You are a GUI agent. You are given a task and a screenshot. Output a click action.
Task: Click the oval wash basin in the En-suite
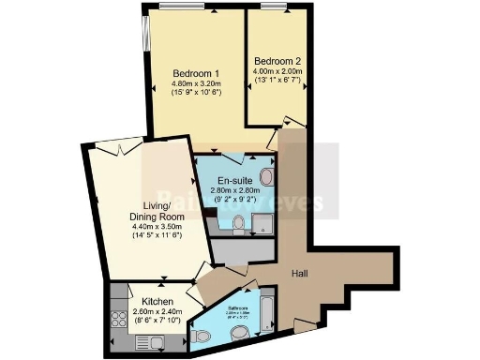[267, 176]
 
